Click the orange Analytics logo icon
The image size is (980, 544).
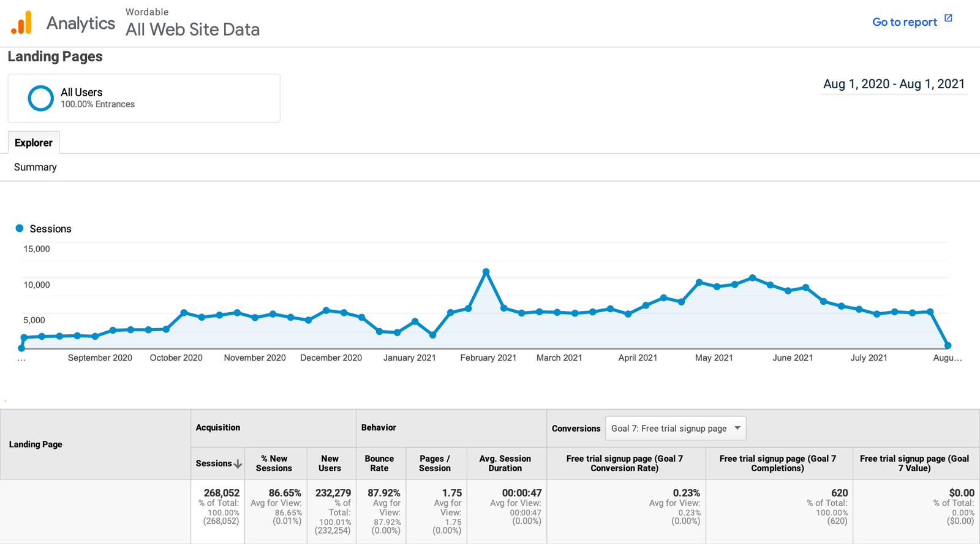click(x=21, y=23)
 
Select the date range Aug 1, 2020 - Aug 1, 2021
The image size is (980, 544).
click(x=894, y=84)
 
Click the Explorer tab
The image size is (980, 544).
click(x=34, y=143)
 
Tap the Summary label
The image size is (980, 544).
click(x=36, y=167)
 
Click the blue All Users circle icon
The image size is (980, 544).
click(x=41, y=98)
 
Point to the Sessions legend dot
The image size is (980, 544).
click(x=20, y=228)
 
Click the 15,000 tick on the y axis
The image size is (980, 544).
click(x=37, y=249)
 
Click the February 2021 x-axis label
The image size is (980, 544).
click(x=488, y=358)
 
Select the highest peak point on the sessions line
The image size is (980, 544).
click(x=486, y=271)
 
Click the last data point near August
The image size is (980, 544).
click(x=948, y=345)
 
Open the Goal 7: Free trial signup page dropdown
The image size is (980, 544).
click(x=676, y=428)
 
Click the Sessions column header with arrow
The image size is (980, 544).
click(x=219, y=464)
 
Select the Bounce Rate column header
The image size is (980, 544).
click(x=379, y=463)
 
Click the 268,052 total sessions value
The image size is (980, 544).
click(x=222, y=492)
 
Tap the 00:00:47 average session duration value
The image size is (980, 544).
click(x=522, y=492)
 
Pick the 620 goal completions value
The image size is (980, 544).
click(x=839, y=492)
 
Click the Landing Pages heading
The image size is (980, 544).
click(x=55, y=56)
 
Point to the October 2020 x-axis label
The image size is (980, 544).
click(x=176, y=358)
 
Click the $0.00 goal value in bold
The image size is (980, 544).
click(x=961, y=492)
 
